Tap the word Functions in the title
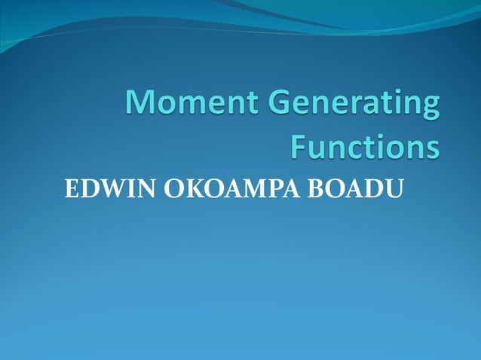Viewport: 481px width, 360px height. [x=364, y=146]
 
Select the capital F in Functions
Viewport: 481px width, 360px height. [x=299, y=146]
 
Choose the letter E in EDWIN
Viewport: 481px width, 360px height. [x=72, y=191]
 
